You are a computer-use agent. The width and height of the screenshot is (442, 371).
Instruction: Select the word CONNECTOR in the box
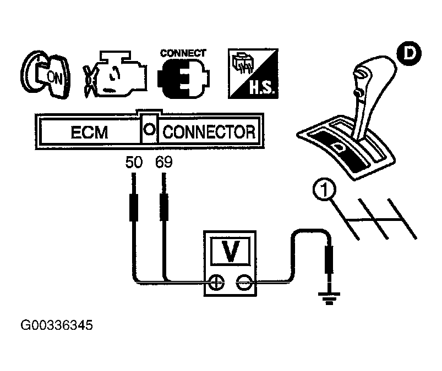coord(209,132)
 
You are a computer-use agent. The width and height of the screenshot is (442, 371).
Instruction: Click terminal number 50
coord(134,163)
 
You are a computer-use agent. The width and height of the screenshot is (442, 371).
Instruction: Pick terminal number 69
coord(164,163)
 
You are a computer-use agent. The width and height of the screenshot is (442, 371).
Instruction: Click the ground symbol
coord(330,299)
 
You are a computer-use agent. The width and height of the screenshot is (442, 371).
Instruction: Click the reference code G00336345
coord(57,325)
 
